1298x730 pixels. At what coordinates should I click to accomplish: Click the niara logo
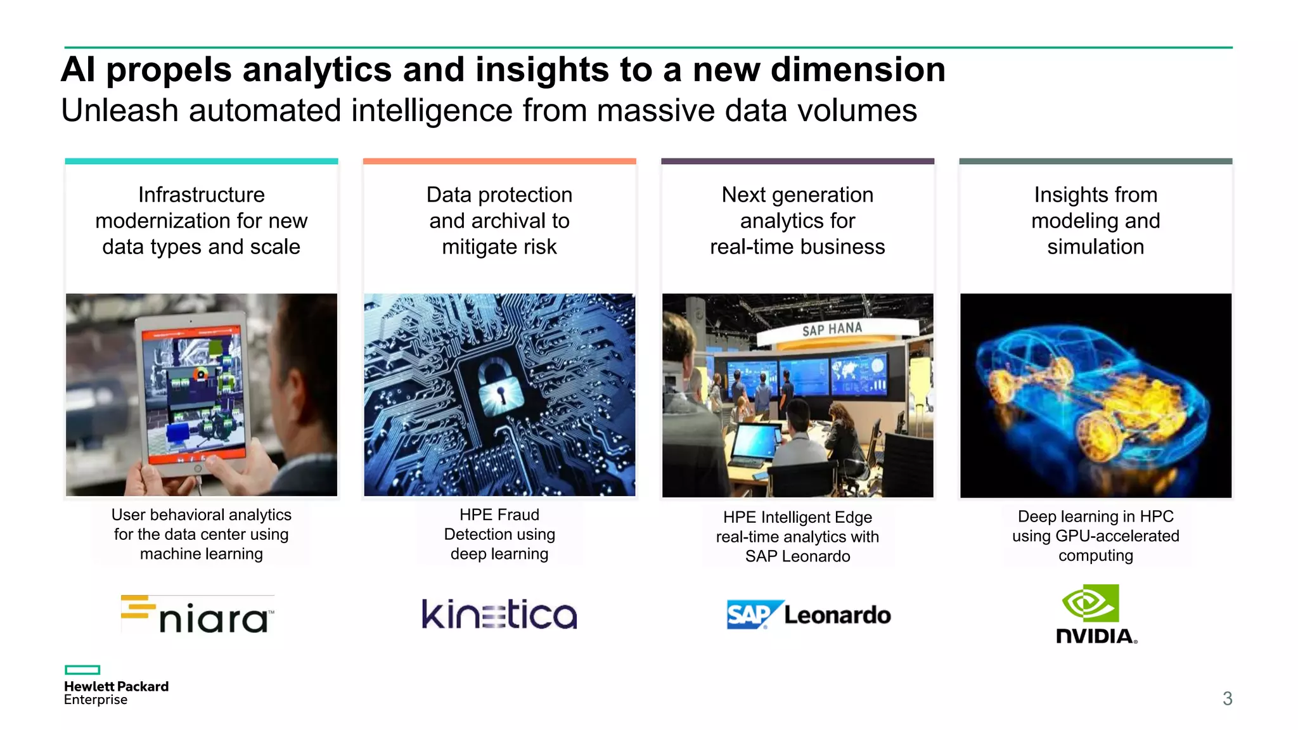[x=198, y=615]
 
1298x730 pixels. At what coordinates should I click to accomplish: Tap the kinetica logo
[x=499, y=615]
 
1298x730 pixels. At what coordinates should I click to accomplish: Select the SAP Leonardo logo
[x=808, y=615]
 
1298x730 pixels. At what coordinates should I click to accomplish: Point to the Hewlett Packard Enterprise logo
[x=116, y=686]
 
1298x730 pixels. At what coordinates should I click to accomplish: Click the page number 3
[x=1227, y=698]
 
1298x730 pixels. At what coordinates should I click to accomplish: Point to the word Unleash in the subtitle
[x=120, y=111]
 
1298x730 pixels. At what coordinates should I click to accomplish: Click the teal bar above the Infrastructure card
[x=202, y=162]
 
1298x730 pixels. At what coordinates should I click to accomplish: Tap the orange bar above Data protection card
[x=499, y=162]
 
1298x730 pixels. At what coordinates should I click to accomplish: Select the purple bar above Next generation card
[x=797, y=162]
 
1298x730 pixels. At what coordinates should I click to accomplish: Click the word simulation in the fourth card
[x=1095, y=247]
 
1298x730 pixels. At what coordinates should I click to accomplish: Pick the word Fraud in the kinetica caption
[x=518, y=515]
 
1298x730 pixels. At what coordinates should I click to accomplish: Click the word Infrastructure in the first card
[x=202, y=195]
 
